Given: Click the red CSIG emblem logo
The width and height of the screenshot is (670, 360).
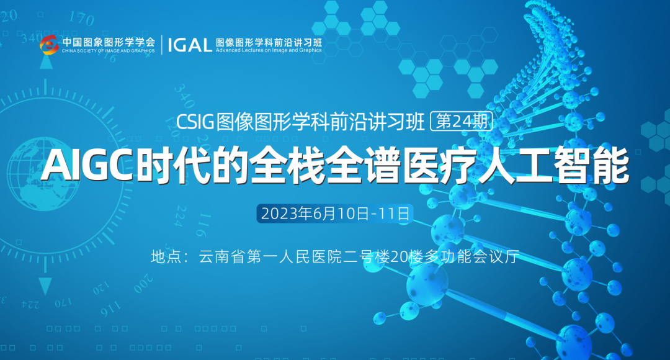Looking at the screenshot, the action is tap(49, 45).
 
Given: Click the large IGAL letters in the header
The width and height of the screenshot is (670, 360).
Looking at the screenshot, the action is tap(190, 45).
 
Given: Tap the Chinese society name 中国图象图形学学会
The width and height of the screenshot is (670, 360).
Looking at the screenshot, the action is tap(109, 42).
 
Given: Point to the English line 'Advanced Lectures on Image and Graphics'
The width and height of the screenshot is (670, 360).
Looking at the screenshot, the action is tap(269, 50).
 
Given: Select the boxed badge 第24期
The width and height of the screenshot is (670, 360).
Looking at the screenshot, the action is tap(462, 122).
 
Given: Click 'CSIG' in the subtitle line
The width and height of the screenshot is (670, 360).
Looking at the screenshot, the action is tap(195, 122).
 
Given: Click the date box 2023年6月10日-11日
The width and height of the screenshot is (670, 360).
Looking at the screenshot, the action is tap(334, 214).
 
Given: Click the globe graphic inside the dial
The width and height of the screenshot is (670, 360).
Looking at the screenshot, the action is tap(43, 174).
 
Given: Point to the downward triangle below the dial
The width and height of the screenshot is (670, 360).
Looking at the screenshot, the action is tap(45, 286).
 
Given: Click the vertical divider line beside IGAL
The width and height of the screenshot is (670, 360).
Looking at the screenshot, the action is tap(162, 45).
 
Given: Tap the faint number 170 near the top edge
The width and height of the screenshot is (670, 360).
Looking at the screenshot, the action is tap(81, 19).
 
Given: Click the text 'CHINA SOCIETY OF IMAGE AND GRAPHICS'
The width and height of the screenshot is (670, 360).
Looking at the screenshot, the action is tap(109, 51).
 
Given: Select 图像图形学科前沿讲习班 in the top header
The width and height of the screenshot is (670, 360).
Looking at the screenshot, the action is tap(269, 42).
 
